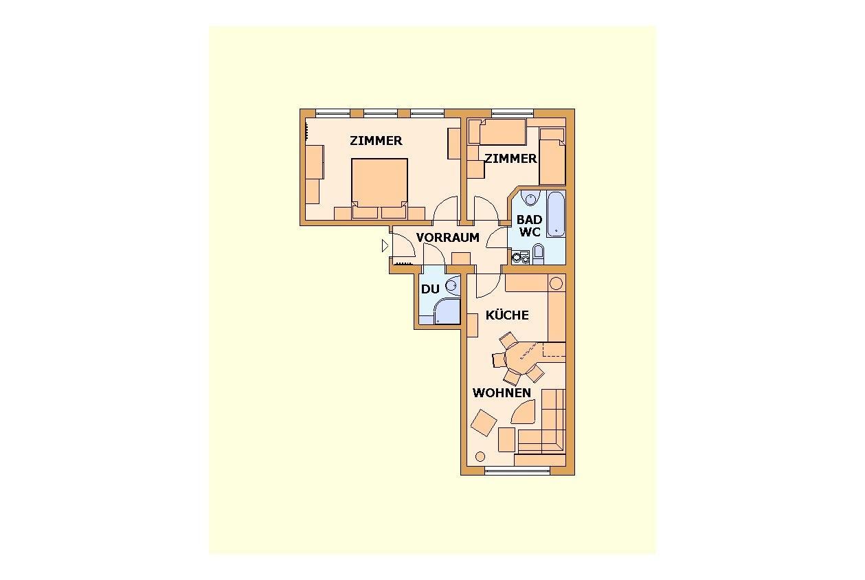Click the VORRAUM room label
447,237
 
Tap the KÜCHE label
507,315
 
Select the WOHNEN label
502,392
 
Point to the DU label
430,289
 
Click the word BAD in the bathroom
530,220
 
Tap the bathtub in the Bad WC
556,214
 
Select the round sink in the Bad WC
529,199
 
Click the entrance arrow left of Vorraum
385,245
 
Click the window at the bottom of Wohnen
517,470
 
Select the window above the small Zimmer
513,113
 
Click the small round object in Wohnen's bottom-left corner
480,457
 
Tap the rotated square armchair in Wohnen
484,423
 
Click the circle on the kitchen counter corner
556,283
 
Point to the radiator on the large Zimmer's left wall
306,132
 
